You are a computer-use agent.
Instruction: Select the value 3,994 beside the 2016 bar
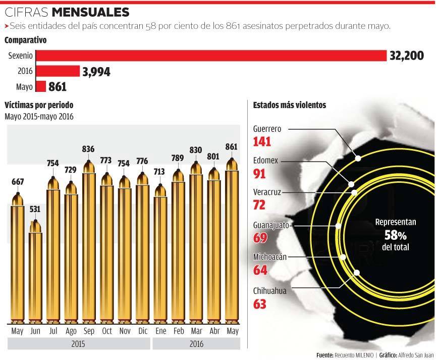96,72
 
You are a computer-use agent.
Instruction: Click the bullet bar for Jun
35,273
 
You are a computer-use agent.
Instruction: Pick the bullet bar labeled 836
89,242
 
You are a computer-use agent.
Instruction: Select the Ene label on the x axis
160,331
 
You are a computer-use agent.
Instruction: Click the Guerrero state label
267,128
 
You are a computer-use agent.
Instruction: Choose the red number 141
262,141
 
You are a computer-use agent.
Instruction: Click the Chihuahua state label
269,290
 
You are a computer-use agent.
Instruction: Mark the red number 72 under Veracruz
259,205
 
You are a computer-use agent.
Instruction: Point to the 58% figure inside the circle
396,235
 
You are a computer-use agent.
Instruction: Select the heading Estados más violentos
289,105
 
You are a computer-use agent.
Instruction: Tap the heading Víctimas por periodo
39,105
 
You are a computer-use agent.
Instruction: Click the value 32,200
406,56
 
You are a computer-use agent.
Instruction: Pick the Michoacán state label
270,257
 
